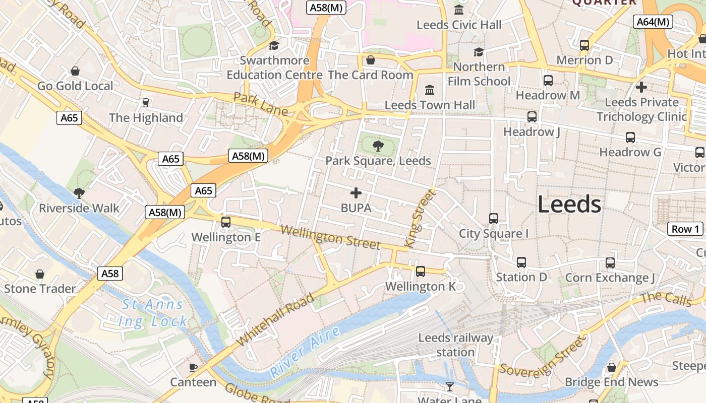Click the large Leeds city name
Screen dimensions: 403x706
pos(569,205)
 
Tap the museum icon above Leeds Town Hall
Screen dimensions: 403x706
pos(430,90)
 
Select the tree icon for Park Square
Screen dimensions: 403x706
pos(378,146)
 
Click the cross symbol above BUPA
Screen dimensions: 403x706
pos(356,193)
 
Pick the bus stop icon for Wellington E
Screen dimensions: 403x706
pos(226,222)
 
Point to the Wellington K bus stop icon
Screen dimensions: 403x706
pos(421,272)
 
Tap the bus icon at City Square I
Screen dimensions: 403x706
pos(494,219)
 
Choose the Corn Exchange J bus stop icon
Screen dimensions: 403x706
pos(610,263)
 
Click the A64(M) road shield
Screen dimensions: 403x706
pos(653,22)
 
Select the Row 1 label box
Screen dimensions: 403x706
pos(685,229)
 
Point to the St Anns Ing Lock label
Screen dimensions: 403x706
pos(153,313)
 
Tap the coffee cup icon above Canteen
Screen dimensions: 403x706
pos(193,367)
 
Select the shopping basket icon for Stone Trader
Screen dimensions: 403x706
pos(40,274)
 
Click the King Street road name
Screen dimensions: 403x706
pos(419,218)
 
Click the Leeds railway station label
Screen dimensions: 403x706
pos(455,345)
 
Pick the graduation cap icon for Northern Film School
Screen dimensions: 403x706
pos(479,52)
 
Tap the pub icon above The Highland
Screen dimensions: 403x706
pos(146,103)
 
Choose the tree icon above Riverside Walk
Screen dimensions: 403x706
pos(79,193)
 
